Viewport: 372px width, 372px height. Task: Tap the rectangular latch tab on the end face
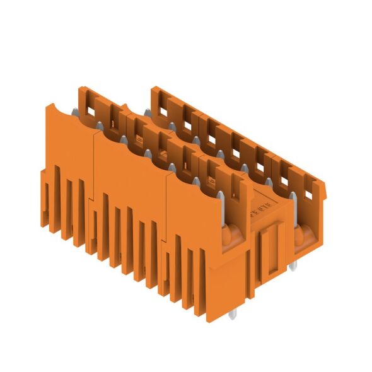click(270, 249)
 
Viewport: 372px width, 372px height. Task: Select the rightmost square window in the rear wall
click(310, 183)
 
